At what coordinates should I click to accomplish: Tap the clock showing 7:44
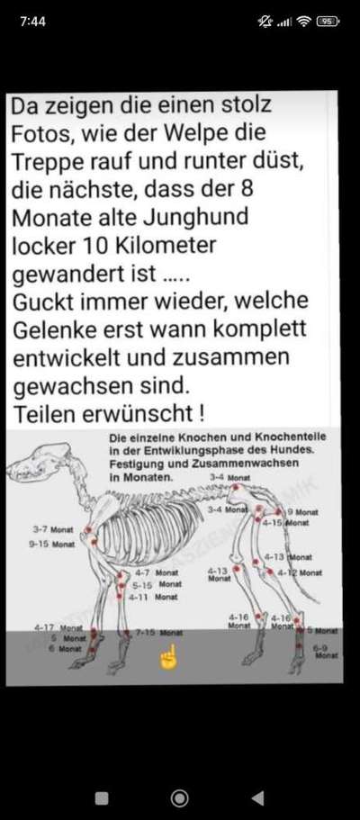pyautogui.click(x=32, y=21)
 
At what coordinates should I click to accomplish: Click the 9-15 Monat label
pyautogui.click(x=51, y=545)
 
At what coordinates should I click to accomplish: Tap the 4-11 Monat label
pyautogui.click(x=152, y=596)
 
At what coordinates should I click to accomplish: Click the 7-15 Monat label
pyautogui.click(x=158, y=633)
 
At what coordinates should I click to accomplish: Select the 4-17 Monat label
pyautogui.click(x=58, y=627)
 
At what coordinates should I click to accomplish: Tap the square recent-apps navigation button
pyautogui.click(x=102, y=797)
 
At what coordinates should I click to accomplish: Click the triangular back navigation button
pyautogui.click(x=257, y=797)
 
